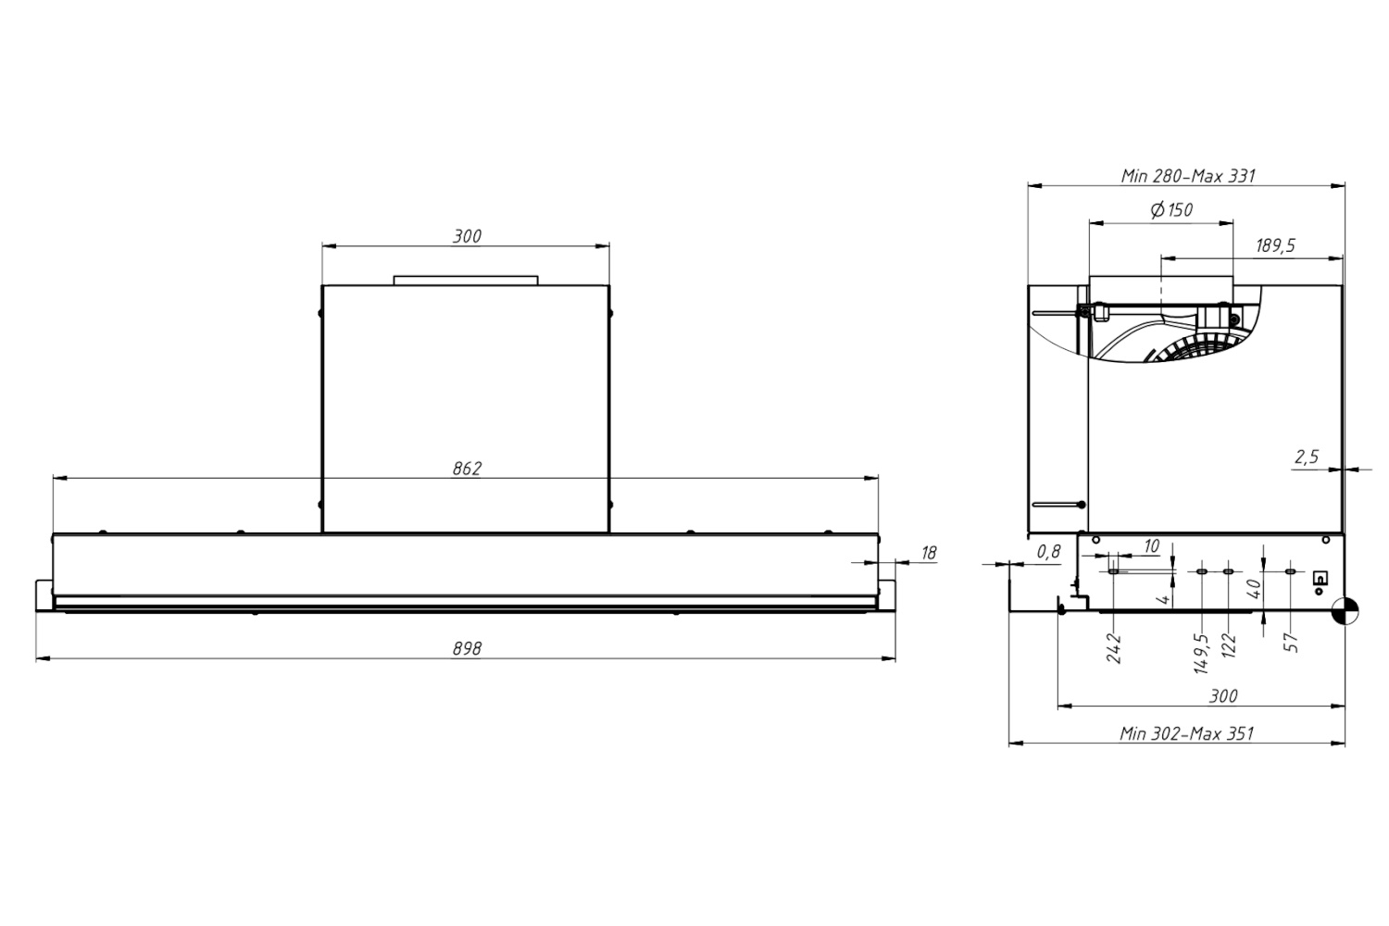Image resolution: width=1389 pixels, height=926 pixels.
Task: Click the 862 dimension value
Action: click(x=467, y=469)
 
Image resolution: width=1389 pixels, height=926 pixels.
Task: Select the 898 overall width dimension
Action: click(x=467, y=648)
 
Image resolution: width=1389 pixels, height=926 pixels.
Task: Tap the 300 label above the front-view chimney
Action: click(x=467, y=236)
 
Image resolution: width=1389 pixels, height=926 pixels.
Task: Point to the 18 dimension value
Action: click(x=928, y=553)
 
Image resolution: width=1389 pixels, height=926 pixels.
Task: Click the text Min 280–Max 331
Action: click(x=1187, y=176)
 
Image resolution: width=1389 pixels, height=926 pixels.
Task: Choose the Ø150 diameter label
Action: click(x=1171, y=209)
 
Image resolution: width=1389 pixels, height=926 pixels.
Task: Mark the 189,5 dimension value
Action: click(x=1275, y=245)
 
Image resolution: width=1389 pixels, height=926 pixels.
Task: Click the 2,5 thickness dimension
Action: click(x=1306, y=457)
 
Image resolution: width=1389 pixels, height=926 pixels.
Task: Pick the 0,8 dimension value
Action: click(x=1048, y=551)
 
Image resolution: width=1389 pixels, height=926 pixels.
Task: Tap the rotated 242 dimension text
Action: click(x=1114, y=648)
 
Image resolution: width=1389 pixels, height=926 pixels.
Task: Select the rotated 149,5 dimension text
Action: click(x=1201, y=654)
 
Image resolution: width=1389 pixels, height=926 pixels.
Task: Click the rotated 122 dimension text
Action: click(x=1229, y=645)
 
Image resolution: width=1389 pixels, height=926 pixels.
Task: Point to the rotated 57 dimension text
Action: click(x=1291, y=643)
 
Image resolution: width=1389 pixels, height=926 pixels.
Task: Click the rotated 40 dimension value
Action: click(x=1254, y=588)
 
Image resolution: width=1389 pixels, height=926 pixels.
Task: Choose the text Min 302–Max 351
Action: click(x=1186, y=733)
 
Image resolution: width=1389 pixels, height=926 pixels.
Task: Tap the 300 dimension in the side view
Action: click(x=1223, y=696)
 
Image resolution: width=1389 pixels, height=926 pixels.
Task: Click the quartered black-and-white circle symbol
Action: click(x=1344, y=611)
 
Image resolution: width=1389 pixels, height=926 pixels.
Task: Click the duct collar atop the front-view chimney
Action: click(x=466, y=281)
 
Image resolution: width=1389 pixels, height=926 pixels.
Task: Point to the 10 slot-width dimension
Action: click(x=1151, y=546)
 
